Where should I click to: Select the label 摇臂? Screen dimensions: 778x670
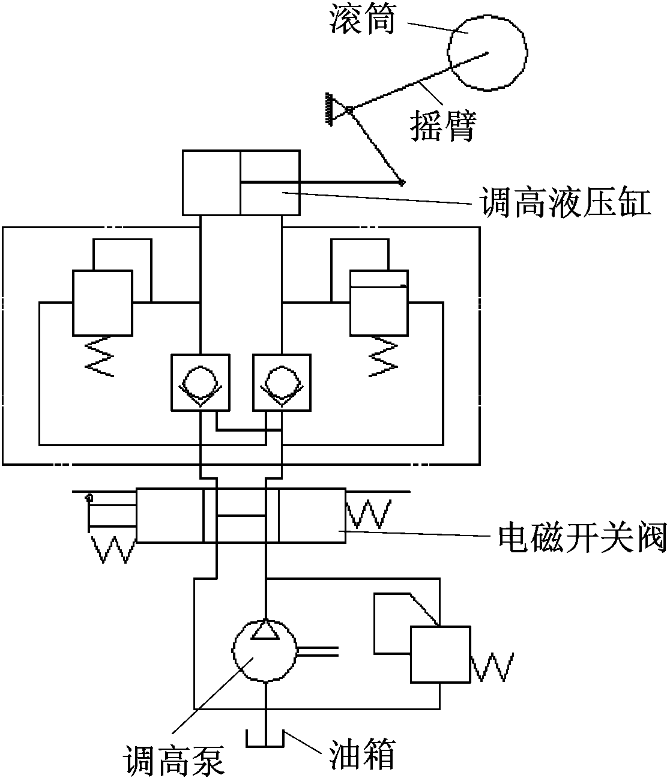point(443,125)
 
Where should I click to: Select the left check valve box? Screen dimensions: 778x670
point(200,382)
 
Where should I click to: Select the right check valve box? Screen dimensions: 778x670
point(282,382)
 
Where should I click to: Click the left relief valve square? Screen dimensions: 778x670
point(103,302)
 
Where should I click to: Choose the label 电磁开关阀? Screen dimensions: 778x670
point(583,538)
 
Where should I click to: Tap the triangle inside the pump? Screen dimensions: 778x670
point(265,630)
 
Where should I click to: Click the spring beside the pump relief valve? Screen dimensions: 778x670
point(492,667)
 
